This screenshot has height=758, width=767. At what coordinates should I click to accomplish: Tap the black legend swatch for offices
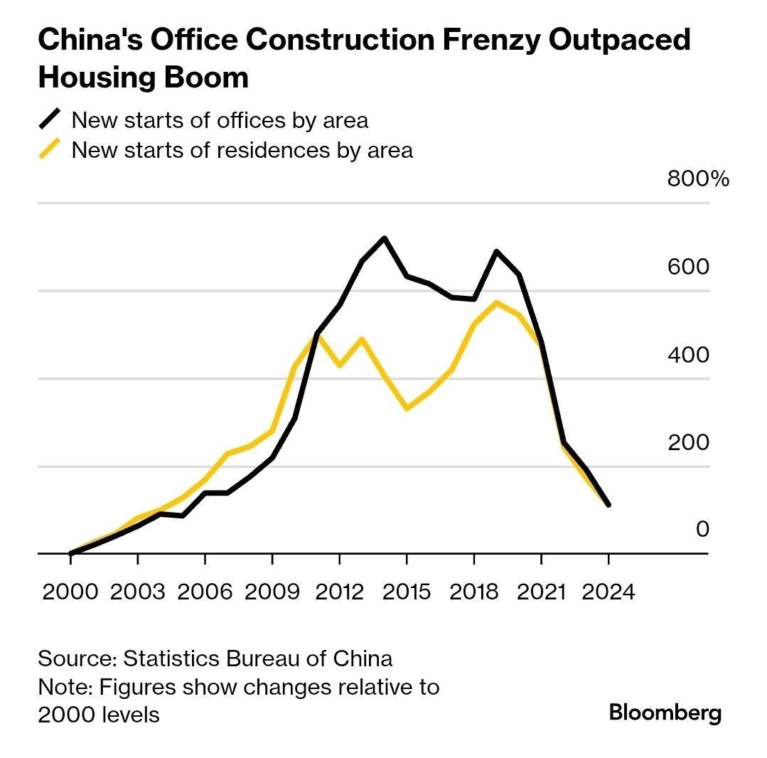click(50, 119)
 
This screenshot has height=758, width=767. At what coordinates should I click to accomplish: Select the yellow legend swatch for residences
click(50, 150)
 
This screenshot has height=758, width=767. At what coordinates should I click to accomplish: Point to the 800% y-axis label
click(697, 178)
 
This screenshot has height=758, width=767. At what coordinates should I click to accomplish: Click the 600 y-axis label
click(689, 267)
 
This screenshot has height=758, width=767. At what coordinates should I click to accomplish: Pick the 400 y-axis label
click(689, 354)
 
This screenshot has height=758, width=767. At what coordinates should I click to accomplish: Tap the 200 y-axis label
click(689, 442)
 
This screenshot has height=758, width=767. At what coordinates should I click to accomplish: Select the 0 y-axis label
click(702, 529)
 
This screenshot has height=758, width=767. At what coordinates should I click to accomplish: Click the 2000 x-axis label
click(70, 592)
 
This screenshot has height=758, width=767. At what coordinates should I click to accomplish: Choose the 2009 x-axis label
click(272, 592)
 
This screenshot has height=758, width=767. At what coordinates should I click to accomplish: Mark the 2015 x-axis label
click(407, 592)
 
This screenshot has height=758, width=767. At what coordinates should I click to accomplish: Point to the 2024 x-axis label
click(608, 592)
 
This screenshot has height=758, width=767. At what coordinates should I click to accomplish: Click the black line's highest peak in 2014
click(384, 237)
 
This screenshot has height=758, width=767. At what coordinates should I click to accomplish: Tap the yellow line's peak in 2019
click(496, 302)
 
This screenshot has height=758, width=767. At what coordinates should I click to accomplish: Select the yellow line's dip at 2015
click(407, 409)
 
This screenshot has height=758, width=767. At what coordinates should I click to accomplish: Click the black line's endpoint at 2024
click(608, 505)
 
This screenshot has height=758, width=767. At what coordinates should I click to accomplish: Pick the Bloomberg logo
click(665, 712)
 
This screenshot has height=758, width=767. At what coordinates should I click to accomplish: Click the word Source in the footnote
click(76, 658)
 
